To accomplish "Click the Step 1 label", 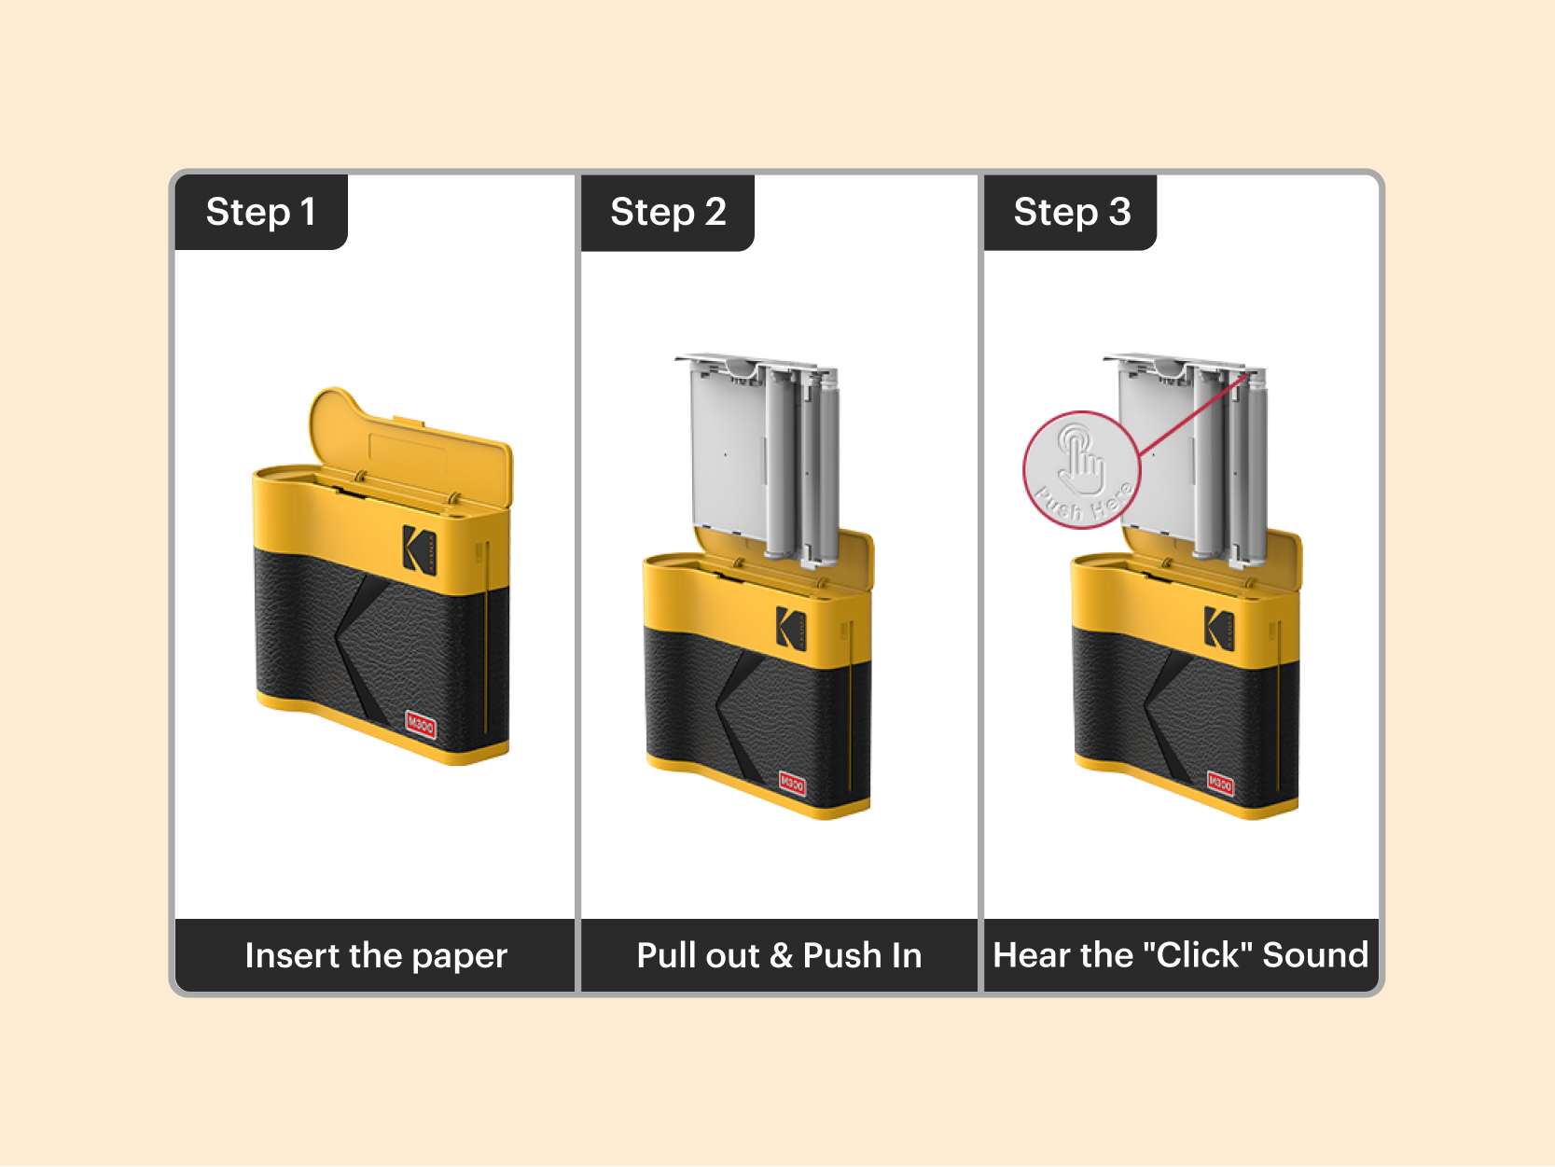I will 260,212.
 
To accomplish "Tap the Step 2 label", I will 668,212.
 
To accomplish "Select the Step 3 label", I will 1072,212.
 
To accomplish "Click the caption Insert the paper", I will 376,955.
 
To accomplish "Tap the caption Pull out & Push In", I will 779,955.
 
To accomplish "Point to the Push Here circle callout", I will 1082,470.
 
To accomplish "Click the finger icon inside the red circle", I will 1080,457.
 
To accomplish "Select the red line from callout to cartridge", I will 1194,415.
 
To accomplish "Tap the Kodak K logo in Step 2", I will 791,628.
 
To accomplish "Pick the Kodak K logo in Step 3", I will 1218,628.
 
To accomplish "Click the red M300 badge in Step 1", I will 421,725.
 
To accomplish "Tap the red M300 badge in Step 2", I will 792,784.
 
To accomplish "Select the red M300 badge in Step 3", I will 1220,785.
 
